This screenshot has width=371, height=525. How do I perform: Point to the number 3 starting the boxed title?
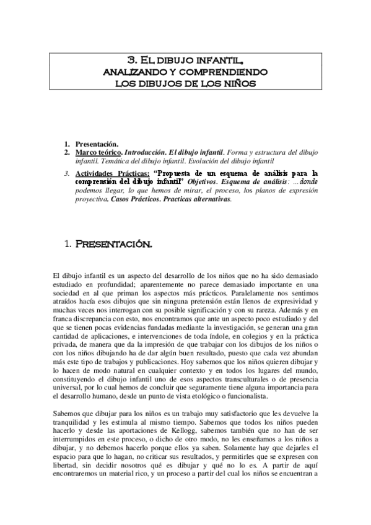tap(131, 61)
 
